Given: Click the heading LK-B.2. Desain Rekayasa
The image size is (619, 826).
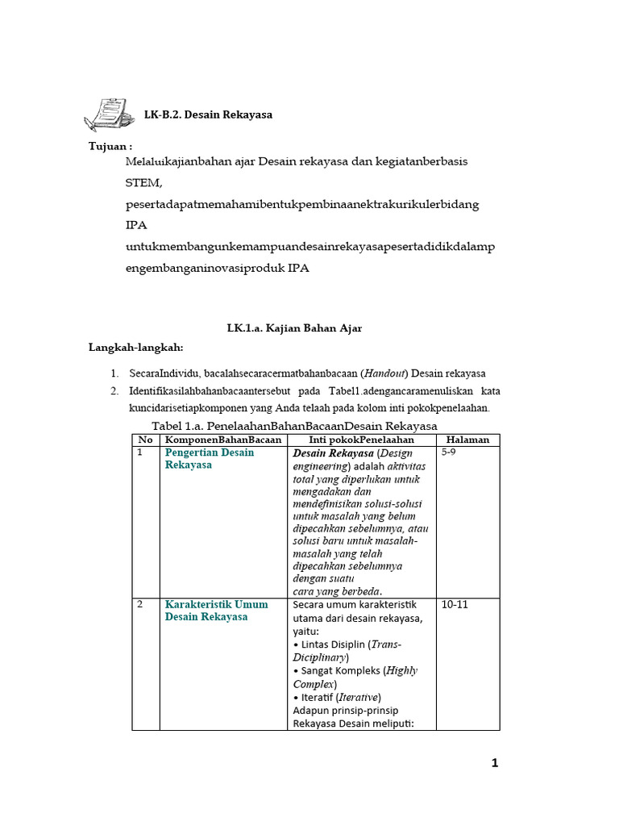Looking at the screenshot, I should pos(208,115).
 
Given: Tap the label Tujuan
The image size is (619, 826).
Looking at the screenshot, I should pos(110,146).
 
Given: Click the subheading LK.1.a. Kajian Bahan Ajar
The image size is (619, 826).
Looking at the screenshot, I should pos(294,327).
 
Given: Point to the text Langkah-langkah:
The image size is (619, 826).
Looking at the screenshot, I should pos(136,348).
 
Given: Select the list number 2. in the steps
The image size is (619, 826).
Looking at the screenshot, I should pos(114,391).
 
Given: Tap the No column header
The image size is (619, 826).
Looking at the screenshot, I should pos(145,440).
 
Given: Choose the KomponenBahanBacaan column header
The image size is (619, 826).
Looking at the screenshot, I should pos(223,440).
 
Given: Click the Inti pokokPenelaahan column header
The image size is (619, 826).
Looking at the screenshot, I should pos(361,440).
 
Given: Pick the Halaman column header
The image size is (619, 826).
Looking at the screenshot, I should pos(467,440).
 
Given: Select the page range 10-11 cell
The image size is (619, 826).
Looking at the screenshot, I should pos(455,604).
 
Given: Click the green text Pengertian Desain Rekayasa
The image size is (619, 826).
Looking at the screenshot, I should pos(210,459).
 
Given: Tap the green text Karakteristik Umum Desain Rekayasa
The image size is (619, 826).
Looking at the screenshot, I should pos(216,611).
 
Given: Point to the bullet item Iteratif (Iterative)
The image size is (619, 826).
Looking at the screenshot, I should pos(337,697).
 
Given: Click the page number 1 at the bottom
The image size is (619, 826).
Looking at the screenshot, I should pos(495,765).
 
